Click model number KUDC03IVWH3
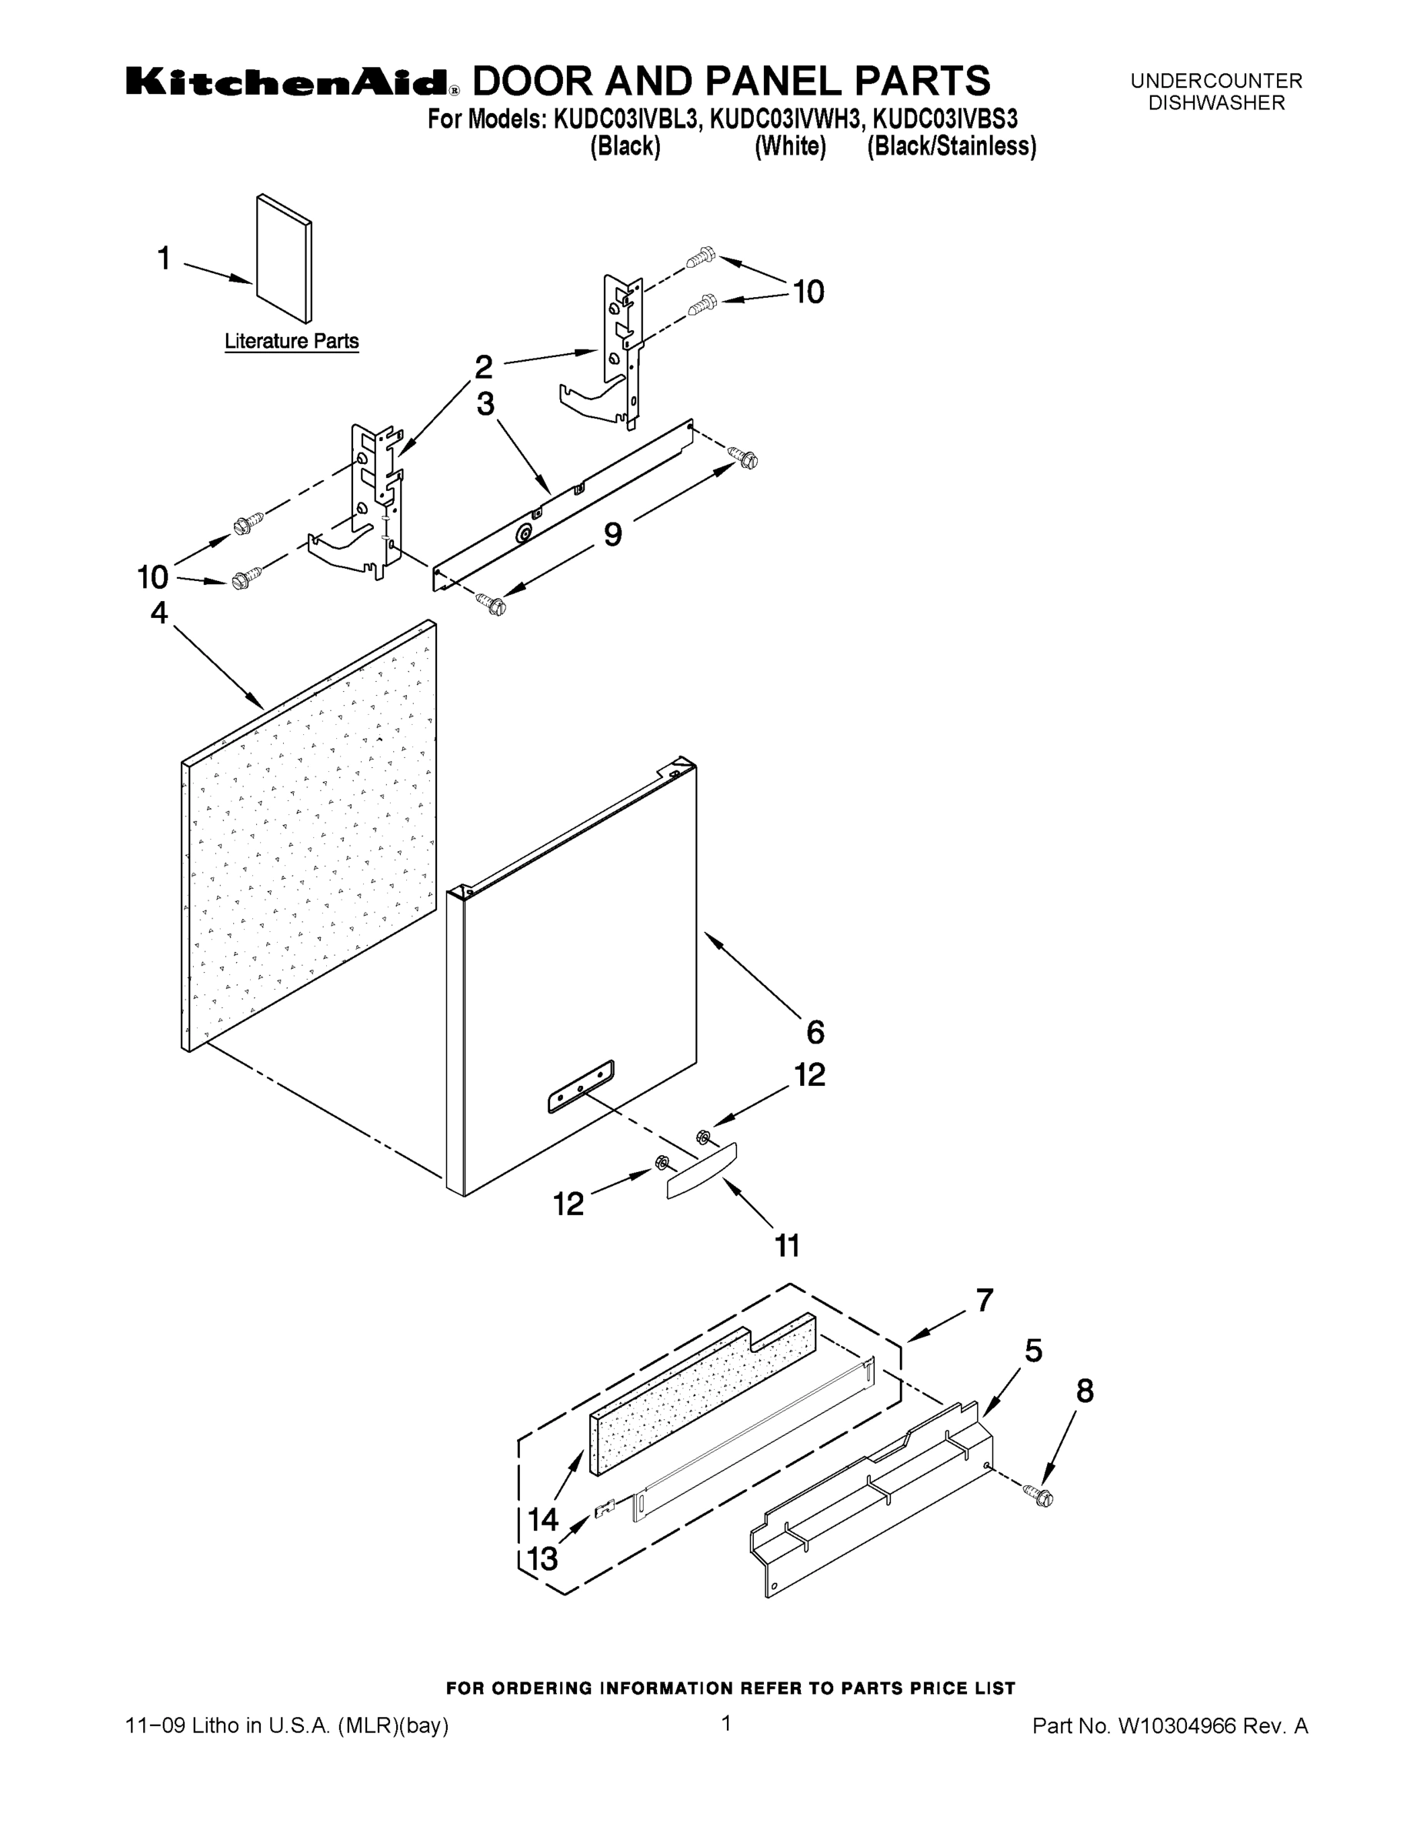[x=786, y=119]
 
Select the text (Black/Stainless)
[x=952, y=146]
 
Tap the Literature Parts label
[x=292, y=342]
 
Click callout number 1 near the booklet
[x=165, y=258]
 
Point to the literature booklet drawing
[x=283, y=259]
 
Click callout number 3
[x=485, y=403]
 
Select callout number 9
[x=613, y=535]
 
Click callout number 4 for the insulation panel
[x=159, y=613]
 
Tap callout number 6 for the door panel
[x=815, y=1032]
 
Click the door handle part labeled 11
[x=702, y=1170]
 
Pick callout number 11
[x=787, y=1246]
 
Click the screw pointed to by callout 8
[x=1041, y=1496]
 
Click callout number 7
[x=984, y=1300]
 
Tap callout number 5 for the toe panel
[x=1033, y=1351]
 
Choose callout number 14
[x=544, y=1520]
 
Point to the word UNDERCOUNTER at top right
[x=1216, y=81]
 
